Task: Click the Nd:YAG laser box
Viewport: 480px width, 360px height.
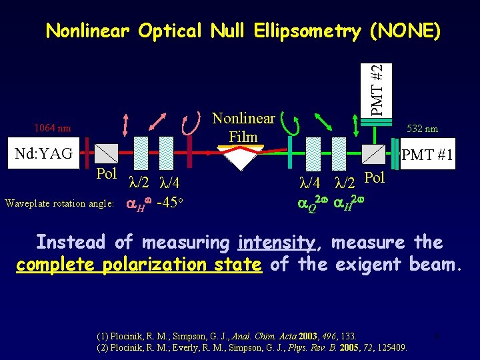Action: click(45, 154)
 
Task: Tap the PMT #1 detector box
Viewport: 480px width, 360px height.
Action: click(427, 155)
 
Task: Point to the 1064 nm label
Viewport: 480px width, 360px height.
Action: click(53, 128)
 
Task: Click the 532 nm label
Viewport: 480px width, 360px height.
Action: click(422, 129)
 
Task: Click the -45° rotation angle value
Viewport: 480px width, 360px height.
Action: click(169, 203)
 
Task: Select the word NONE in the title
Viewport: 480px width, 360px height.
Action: click(400, 31)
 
